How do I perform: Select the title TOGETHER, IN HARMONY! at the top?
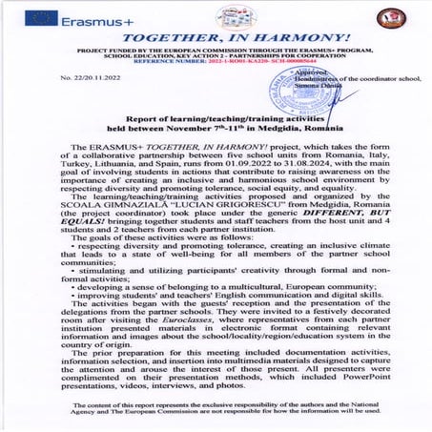pyautogui.click(x=215, y=32)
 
